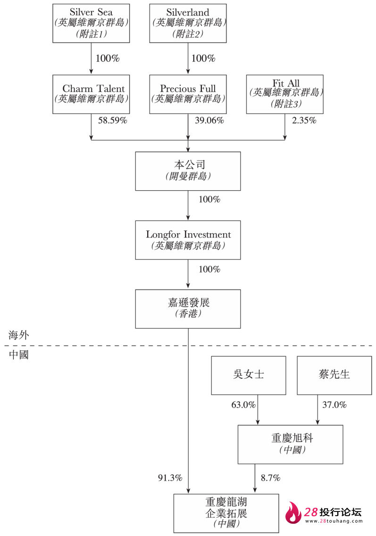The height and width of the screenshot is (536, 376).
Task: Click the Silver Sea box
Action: tap(91, 23)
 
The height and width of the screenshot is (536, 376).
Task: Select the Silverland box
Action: tap(188, 23)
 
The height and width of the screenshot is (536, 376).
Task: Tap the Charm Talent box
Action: tap(91, 94)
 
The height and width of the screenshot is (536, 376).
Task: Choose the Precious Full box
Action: tap(188, 94)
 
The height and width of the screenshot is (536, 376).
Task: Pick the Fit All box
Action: tap(285, 94)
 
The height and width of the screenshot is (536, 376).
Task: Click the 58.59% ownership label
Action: tap(112, 120)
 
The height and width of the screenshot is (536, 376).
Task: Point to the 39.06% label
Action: tap(209, 120)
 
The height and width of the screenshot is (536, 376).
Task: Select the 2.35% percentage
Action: tap(304, 120)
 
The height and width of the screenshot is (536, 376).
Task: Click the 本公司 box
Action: tap(188, 171)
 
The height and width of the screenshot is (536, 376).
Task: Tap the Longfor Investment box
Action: tap(188, 240)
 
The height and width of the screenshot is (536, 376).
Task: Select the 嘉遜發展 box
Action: tap(188, 309)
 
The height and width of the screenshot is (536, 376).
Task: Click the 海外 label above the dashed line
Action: tap(19, 335)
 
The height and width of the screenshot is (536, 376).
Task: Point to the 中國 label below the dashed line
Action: tap(19, 355)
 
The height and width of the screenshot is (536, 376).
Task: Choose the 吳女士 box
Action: tap(248, 375)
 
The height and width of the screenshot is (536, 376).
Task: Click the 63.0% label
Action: tap(243, 405)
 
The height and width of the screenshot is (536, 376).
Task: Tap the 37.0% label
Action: tap(334, 405)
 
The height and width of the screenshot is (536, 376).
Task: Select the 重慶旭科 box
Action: tap(290, 444)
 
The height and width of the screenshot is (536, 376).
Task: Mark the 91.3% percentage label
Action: tap(170, 478)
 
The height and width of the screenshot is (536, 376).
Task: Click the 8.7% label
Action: tap(270, 478)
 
